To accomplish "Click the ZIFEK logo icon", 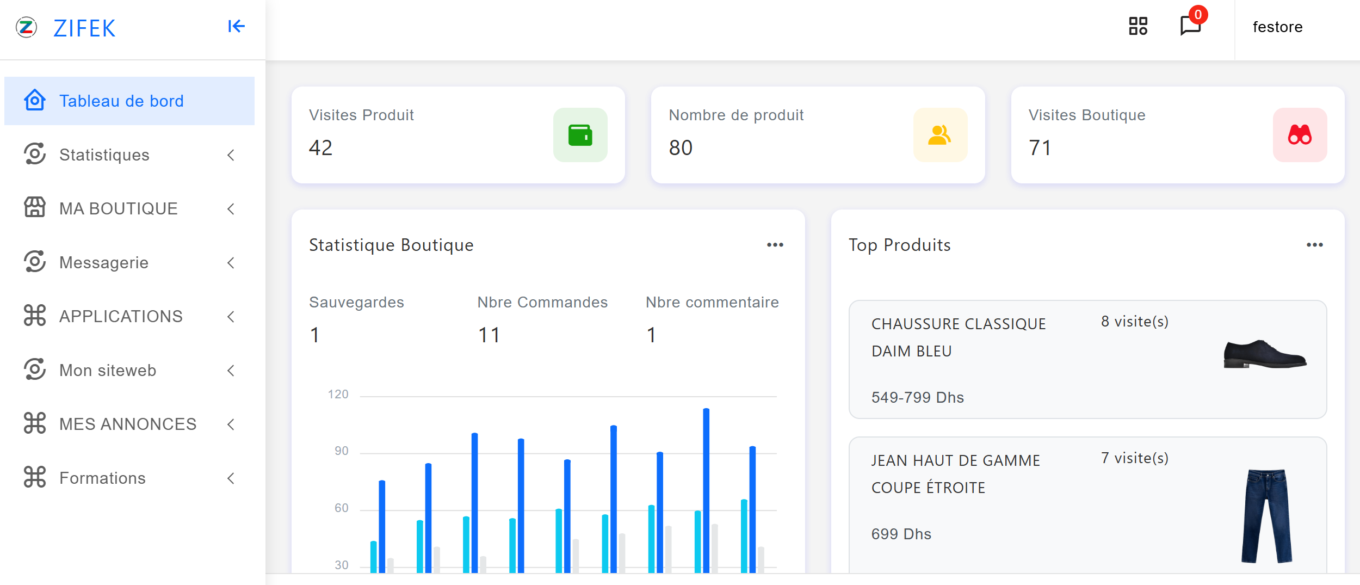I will click(26, 27).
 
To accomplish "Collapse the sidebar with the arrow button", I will click(236, 26).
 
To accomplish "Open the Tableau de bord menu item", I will click(121, 101).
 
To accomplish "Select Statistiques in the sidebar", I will click(104, 155).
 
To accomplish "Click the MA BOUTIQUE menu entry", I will click(118, 209).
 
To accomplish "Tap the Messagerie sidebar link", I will click(103, 263).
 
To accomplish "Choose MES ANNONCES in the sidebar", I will click(127, 424).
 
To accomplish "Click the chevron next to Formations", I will click(231, 478).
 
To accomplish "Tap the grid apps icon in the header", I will click(1138, 26).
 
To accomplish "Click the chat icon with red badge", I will click(1191, 25).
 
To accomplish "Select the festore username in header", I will click(1277, 27).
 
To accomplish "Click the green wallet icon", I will click(580, 135).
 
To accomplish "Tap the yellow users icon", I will click(939, 135).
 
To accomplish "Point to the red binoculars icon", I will click(1300, 135).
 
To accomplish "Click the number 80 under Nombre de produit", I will click(681, 148).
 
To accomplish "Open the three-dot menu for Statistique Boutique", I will click(775, 245).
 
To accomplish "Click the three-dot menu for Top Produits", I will click(1314, 245).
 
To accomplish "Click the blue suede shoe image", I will click(1265, 354).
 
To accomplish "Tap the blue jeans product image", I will click(1266, 515).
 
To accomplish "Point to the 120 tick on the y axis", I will click(338, 395).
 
